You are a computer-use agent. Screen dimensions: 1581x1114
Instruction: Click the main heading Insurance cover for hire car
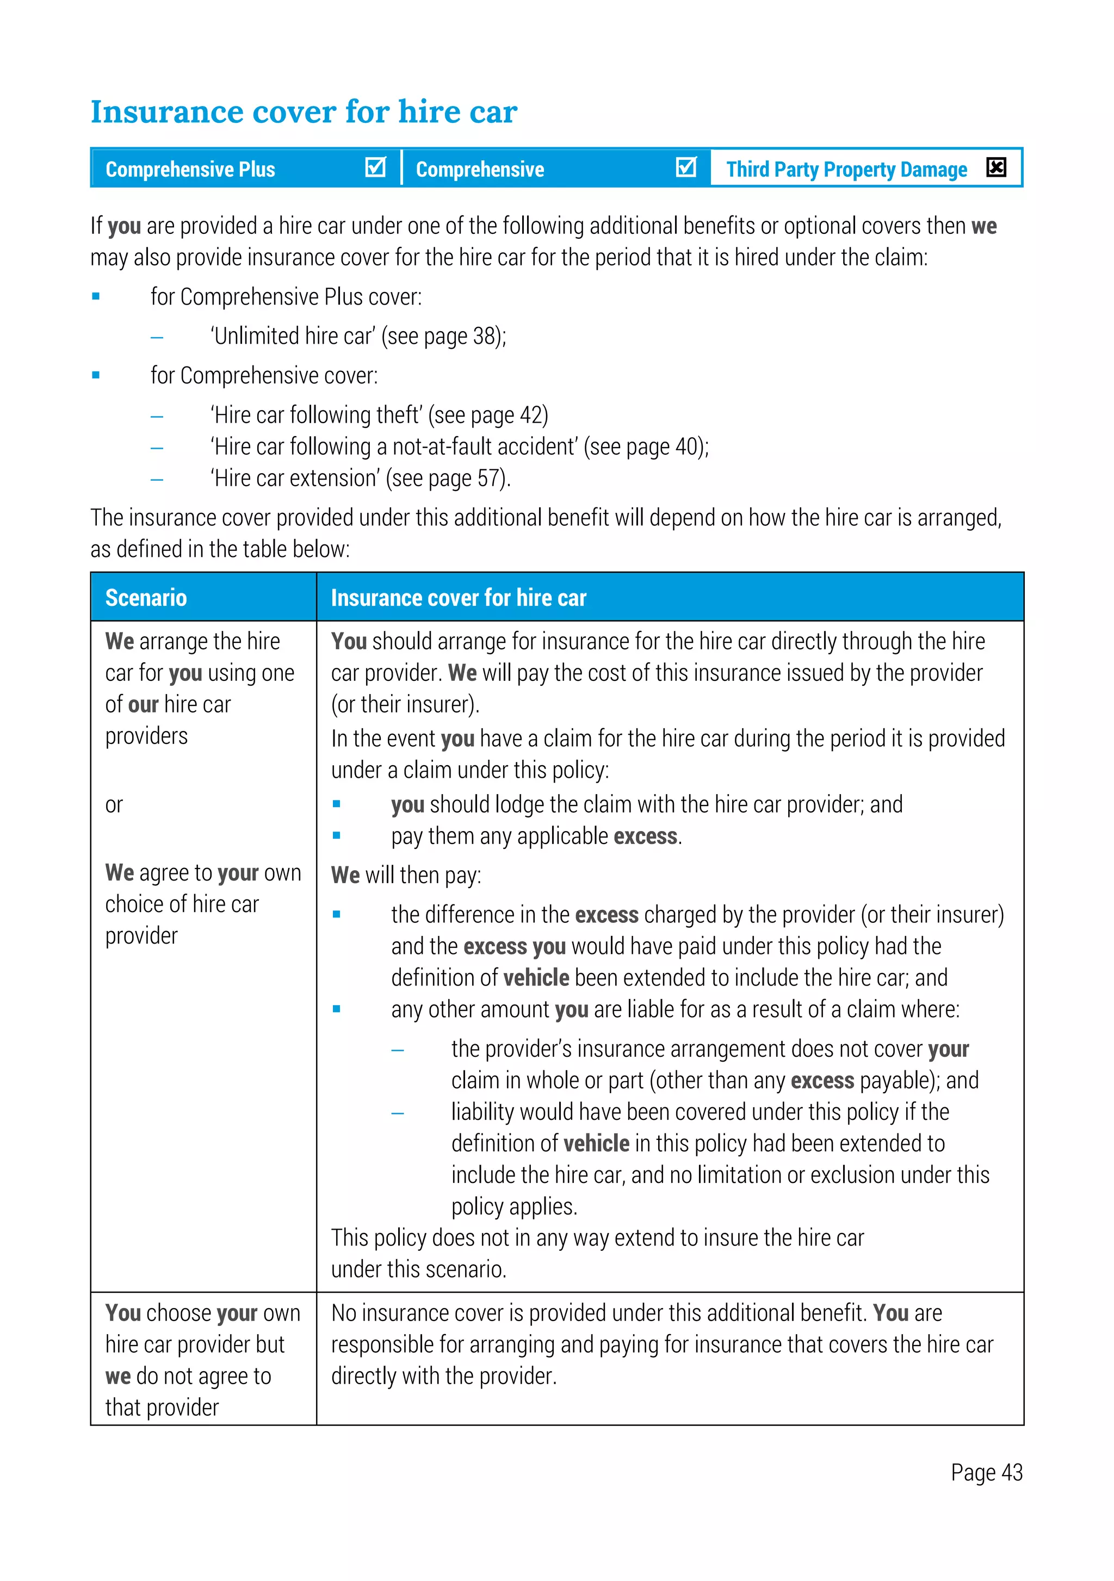304,111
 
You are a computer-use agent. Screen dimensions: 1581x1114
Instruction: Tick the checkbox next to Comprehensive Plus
375,168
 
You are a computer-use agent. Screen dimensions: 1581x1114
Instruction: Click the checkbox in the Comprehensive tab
686,168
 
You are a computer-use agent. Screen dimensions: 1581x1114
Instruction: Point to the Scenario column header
146,598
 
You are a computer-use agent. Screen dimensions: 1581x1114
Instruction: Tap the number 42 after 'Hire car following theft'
531,415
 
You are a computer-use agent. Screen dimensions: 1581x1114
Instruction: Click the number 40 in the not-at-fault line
687,447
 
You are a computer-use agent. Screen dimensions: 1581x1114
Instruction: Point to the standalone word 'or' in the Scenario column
114,804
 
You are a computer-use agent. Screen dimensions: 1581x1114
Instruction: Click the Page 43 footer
986,1472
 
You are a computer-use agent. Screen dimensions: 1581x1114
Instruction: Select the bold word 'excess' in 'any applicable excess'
645,836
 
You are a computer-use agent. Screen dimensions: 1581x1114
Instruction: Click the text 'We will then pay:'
406,875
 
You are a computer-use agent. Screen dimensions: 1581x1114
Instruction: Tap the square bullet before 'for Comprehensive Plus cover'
96,297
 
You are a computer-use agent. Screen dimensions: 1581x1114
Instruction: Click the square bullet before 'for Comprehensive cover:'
96,375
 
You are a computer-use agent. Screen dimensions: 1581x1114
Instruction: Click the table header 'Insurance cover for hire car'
459,598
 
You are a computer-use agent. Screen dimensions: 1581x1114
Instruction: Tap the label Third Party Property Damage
846,169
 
